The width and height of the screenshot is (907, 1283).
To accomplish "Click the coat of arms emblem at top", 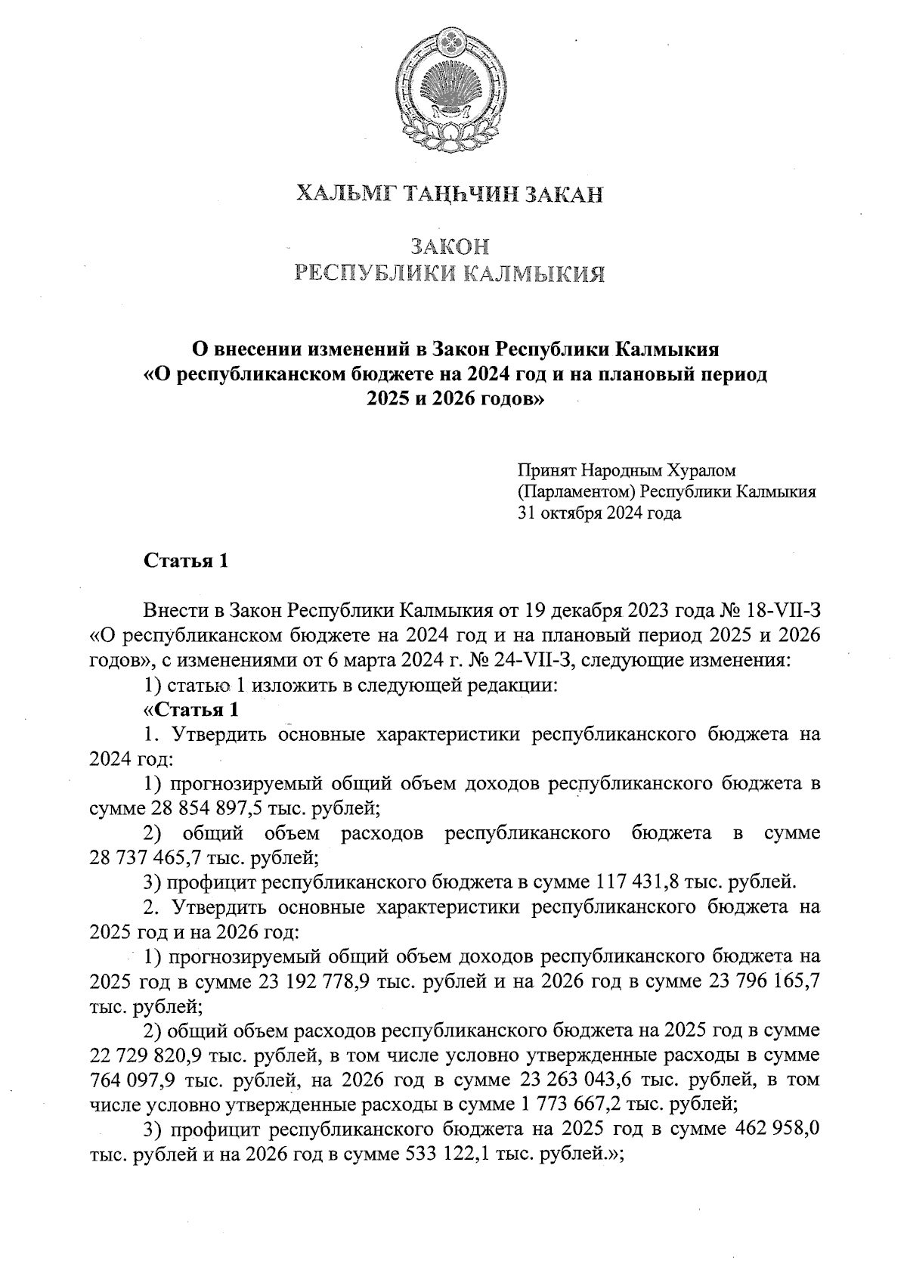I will click(451, 85).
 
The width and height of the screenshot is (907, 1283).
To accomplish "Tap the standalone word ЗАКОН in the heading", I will click(451, 246).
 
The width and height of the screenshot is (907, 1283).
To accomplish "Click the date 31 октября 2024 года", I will click(599, 513).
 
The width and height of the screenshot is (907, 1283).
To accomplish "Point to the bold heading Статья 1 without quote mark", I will click(186, 561).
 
